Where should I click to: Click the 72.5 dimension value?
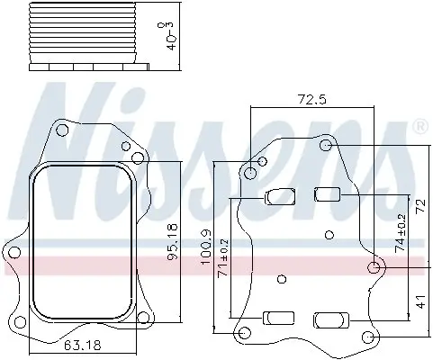coord(311,99)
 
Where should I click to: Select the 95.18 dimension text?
coord(173,242)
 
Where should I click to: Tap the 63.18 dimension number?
coord(83,346)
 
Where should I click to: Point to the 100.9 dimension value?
coord(206,247)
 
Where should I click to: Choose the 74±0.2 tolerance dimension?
coord(401,233)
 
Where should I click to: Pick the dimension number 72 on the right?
coord(420,206)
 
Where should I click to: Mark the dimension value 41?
coord(421,301)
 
